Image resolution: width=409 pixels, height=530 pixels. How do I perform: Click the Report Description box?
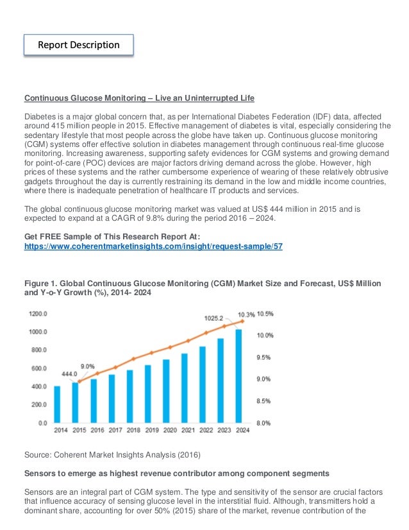pos(79,45)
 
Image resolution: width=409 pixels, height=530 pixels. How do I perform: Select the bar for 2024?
pos(238,376)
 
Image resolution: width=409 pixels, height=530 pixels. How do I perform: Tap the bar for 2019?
pos(147,394)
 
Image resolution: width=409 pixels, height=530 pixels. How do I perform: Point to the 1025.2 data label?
pos(213,318)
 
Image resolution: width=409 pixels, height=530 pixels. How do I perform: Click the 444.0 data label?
pos(69,373)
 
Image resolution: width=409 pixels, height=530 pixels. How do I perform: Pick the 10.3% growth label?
pos(246,314)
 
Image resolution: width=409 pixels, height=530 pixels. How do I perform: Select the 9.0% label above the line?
pos(88,366)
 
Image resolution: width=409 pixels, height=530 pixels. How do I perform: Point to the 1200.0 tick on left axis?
pos(38,314)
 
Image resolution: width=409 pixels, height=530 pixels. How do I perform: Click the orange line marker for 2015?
pos(78,381)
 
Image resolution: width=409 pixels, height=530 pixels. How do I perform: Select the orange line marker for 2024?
pos(239,320)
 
